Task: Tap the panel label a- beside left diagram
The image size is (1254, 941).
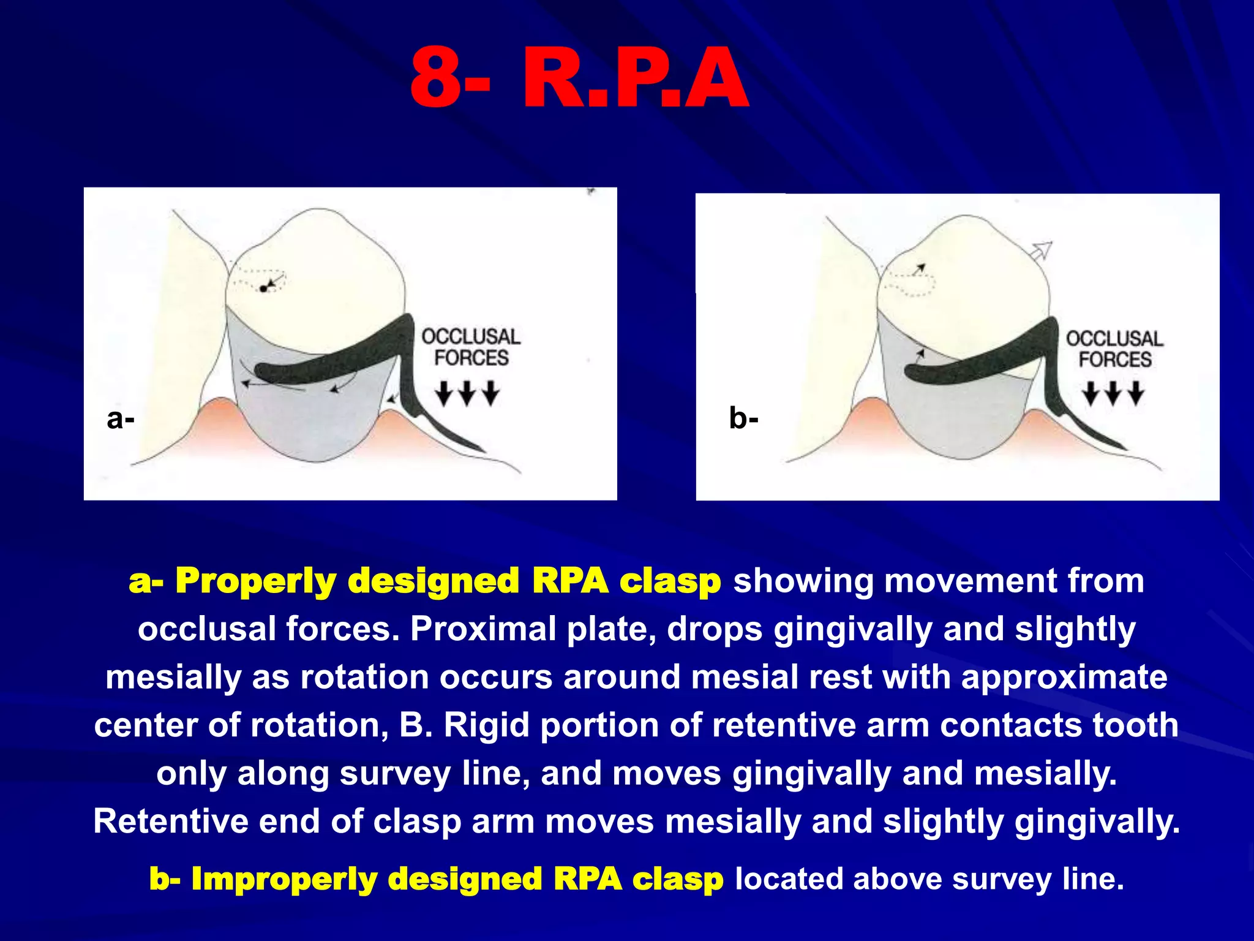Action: point(120,419)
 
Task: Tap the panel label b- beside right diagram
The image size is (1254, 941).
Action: point(743,419)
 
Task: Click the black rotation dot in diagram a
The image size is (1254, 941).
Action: point(263,289)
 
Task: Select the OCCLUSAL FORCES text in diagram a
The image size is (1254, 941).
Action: point(471,347)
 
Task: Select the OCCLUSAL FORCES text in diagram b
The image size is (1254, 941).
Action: point(1114,349)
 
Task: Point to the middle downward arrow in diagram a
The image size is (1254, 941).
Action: point(467,392)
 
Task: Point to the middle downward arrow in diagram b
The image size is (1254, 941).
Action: point(1113,392)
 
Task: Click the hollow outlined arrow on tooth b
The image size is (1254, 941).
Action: point(1040,251)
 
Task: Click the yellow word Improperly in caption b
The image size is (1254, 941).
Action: point(282,879)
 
